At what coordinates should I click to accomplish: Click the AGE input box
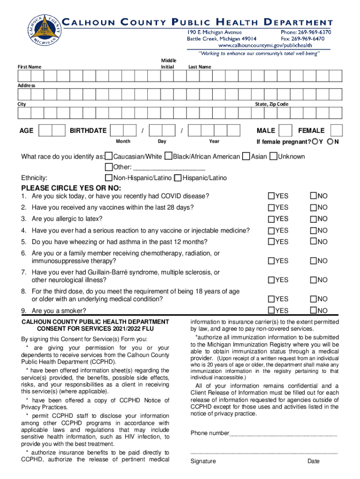click(52, 131)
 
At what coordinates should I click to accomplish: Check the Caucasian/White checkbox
click(108, 156)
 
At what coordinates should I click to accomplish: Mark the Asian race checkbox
click(246, 156)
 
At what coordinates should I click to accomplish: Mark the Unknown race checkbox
click(274, 156)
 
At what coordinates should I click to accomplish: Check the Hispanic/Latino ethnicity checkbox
click(178, 178)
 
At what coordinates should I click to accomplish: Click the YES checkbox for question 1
click(271, 196)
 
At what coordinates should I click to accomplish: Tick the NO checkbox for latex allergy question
click(314, 219)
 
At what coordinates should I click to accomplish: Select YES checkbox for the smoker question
click(271, 311)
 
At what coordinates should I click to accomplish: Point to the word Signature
click(203, 462)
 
